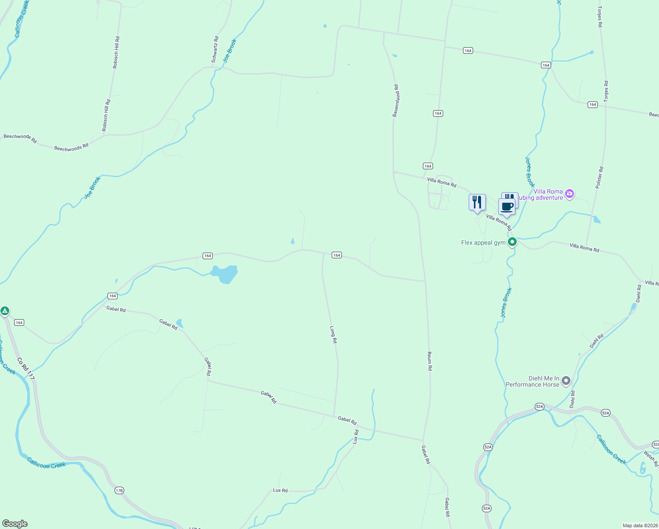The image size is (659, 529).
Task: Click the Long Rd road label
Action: (333, 335)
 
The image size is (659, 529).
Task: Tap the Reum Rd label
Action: (429, 361)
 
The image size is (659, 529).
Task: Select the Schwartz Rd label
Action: (215, 49)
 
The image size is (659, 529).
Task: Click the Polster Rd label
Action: (599, 178)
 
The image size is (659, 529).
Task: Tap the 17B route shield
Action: (119, 490)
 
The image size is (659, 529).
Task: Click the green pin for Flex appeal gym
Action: (512, 242)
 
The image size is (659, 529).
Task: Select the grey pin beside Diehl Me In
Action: (566, 380)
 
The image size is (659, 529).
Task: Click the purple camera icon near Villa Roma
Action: (570, 194)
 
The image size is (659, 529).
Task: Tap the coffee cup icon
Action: (507, 206)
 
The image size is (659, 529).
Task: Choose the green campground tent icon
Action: (5, 311)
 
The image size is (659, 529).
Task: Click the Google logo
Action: (15, 524)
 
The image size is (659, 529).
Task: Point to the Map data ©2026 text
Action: (640, 525)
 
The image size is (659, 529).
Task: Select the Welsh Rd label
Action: (651, 458)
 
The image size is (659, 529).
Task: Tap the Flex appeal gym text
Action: (483, 242)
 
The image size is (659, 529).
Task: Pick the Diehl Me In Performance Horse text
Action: (532, 381)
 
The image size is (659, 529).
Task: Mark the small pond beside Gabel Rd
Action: (179, 323)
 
